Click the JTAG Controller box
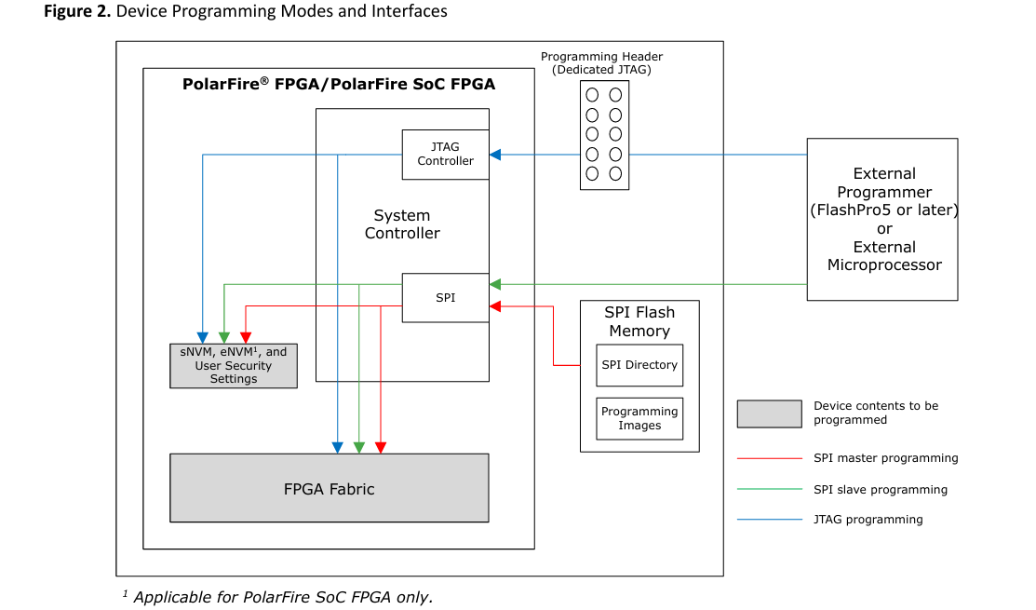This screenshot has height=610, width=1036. (445, 155)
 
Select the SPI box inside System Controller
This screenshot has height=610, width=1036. (445, 298)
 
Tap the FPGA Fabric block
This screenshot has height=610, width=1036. (329, 488)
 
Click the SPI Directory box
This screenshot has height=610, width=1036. (639, 365)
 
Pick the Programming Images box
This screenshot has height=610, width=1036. (639, 418)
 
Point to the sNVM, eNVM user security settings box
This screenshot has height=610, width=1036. (234, 366)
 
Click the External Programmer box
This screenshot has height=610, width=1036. (882, 220)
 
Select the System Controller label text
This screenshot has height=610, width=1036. (402, 224)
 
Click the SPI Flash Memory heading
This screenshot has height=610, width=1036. (639, 321)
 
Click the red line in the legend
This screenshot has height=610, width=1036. (769, 458)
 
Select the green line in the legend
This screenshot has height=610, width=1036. (769, 489)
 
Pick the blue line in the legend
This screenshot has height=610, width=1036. (769, 520)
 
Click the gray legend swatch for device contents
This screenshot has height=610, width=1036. (769, 413)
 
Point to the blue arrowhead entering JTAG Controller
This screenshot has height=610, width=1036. (495, 155)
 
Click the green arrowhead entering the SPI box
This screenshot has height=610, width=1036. (495, 284)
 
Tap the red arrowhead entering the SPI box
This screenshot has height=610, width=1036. (495, 306)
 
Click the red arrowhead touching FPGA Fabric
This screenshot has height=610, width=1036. (381, 448)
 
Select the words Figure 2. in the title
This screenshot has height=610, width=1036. (78, 12)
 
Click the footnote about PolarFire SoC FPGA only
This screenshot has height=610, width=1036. (278, 597)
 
